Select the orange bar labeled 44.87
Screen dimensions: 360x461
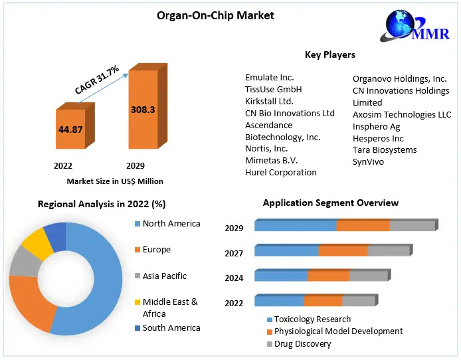[70, 130]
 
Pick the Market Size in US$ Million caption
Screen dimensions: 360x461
[115, 181]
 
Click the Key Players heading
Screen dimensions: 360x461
[329, 54]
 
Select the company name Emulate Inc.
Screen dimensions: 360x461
[269, 78]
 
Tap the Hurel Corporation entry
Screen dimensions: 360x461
[280, 172]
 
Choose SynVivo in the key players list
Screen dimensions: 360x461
[369, 161]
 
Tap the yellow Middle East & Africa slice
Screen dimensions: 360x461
[38, 244]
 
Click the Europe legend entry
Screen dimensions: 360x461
[156, 250]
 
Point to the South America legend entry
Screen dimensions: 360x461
[171, 327]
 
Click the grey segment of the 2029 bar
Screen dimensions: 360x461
[412, 226]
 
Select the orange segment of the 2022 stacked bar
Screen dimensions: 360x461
[323, 301]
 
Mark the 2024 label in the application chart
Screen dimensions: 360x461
[234, 278]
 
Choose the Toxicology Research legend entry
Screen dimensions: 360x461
[312, 319]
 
